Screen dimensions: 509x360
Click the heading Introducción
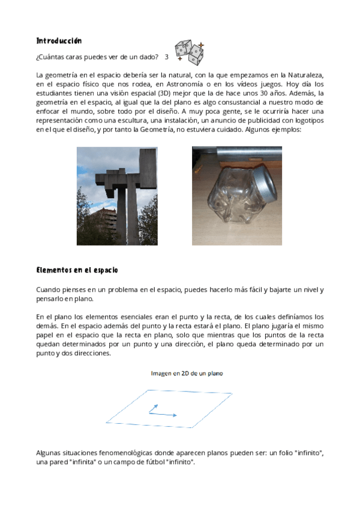(59, 41)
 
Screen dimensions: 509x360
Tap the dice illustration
(190, 53)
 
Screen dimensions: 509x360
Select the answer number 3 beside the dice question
(166, 57)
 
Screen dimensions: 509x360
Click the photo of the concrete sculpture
(117, 196)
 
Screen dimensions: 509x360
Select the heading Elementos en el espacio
(77, 270)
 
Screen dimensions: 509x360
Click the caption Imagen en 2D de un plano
(186, 373)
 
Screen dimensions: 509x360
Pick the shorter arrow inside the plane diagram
(154, 408)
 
